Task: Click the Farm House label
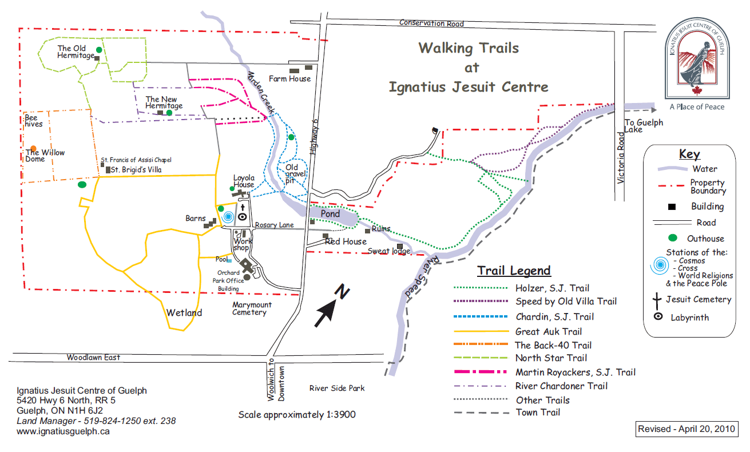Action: [290, 79]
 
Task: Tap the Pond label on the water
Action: [330, 214]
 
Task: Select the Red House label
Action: [346, 241]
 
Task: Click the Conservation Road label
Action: [431, 23]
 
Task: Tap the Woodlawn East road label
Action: [93, 358]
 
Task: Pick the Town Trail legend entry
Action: [538, 413]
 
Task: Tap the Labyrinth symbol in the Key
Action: [658, 316]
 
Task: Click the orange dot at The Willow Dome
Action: [34, 148]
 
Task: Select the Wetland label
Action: [184, 313]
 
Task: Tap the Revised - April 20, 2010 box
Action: [687, 429]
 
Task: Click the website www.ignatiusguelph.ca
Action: [63, 431]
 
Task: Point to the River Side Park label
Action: [337, 388]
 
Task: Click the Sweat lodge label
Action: [389, 251]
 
